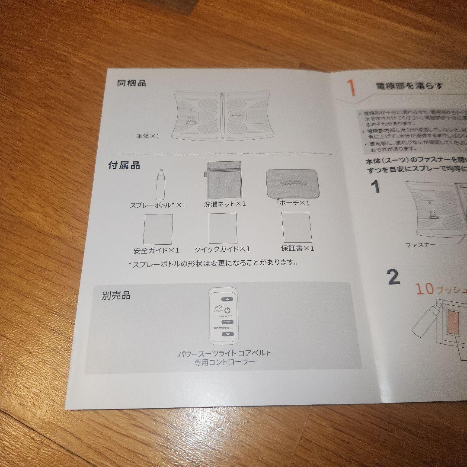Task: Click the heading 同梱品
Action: click(131, 83)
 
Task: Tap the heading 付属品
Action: click(124, 165)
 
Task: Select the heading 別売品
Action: click(116, 296)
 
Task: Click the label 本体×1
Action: click(148, 136)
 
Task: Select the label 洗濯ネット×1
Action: click(225, 204)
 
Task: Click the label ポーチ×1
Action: click(294, 203)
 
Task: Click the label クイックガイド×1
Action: click(222, 249)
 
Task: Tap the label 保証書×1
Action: click(297, 248)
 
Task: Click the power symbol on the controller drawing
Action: click(228, 310)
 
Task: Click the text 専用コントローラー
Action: click(224, 361)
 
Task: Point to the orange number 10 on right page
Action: click(425, 289)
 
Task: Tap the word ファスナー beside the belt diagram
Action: click(420, 245)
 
